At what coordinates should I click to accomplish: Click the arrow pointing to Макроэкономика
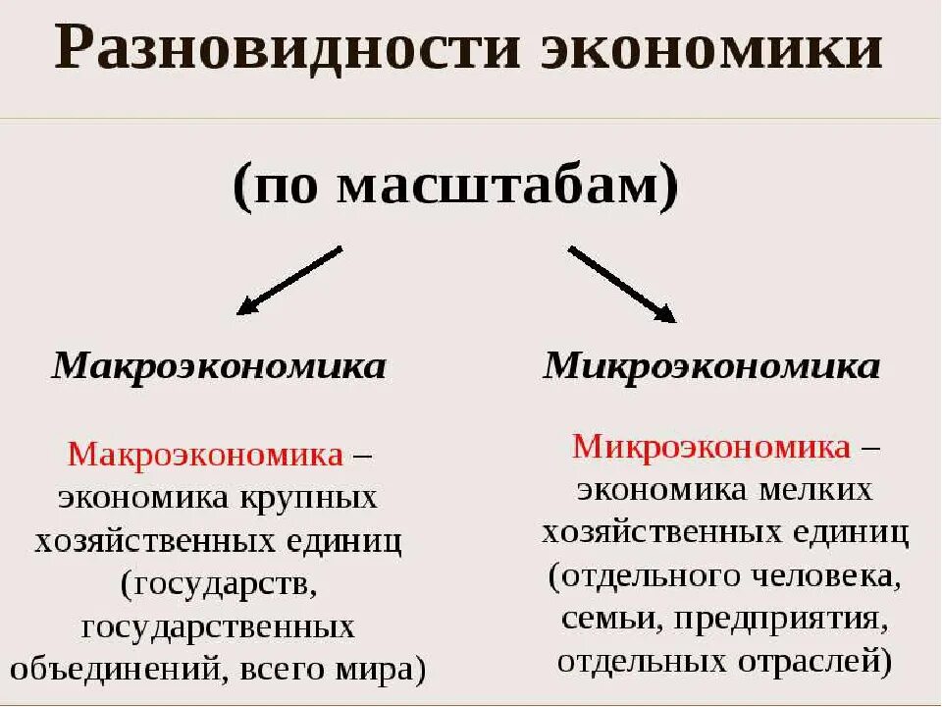[x=288, y=281]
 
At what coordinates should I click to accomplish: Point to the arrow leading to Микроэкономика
[x=622, y=285]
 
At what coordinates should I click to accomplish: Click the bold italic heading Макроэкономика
[x=219, y=367]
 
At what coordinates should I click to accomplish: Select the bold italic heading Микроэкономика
[x=711, y=367]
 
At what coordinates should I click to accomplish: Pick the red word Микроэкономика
[x=711, y=447]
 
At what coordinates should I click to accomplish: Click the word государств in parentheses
[x=222, y=583]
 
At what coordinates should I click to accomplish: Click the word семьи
[x=598, y=619]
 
